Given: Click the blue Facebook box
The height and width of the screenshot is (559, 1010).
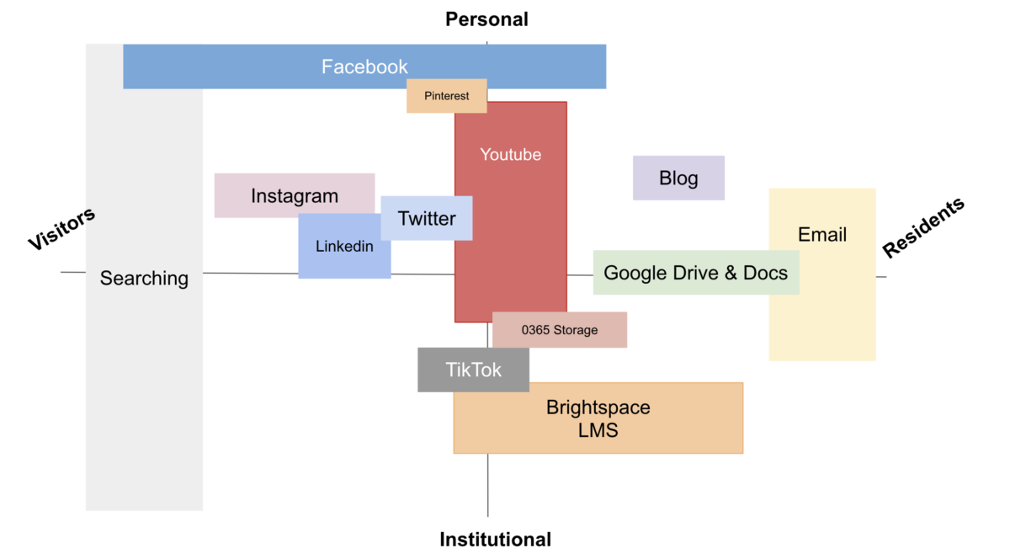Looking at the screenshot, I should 364,67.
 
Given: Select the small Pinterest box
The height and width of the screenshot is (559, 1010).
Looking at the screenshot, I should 447,96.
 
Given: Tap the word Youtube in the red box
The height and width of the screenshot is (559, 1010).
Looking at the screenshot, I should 511,155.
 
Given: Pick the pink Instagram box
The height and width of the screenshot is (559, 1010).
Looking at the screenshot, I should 295,196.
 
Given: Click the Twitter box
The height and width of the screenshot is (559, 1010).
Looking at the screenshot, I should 427,219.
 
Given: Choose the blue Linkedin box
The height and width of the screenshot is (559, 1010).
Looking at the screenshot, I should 344,247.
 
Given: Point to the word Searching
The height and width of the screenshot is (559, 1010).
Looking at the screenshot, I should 144,279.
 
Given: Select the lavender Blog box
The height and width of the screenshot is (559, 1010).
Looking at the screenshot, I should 678,178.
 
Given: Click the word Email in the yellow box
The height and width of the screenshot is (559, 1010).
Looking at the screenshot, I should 822,235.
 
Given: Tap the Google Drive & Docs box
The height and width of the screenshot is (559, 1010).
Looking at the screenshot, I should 696,273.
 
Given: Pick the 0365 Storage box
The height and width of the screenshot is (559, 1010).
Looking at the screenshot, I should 560,330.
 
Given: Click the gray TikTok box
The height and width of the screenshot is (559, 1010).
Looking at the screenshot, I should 473,370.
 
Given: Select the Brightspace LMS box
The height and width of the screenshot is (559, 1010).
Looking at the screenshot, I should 598,418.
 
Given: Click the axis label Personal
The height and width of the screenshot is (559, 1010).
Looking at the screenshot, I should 486,19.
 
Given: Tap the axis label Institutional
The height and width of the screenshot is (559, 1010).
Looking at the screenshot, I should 495,540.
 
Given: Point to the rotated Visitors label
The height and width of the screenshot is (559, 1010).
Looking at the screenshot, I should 61,228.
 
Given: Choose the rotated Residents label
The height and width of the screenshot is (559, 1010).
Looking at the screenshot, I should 923,227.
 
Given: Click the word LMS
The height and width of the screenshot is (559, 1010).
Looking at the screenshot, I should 598,430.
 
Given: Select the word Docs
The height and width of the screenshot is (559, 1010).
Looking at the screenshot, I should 767,273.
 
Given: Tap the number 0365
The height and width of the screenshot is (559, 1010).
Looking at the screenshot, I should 535,330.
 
